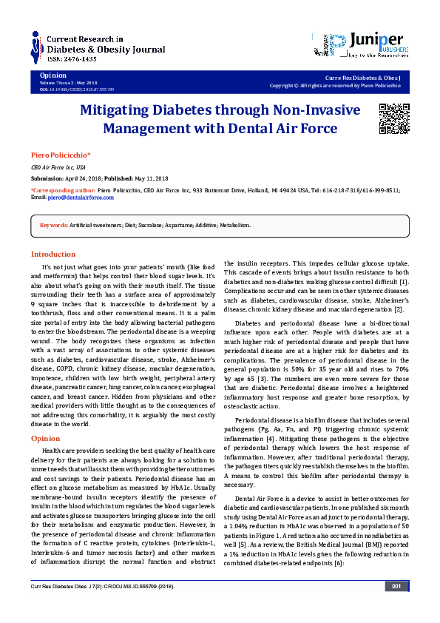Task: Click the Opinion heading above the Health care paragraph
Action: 45,439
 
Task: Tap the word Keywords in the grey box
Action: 53,225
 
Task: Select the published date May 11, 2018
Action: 151,179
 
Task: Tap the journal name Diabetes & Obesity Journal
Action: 97,48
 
